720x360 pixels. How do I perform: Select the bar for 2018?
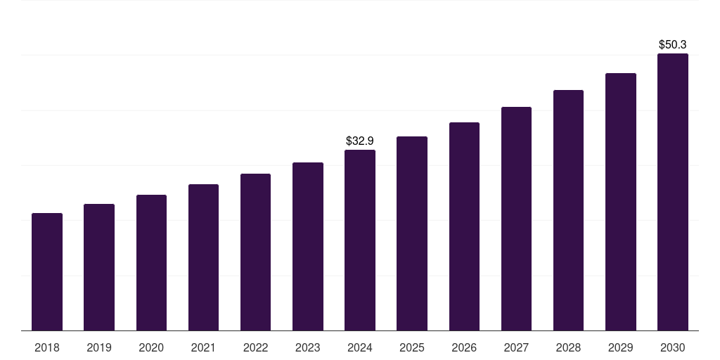tap(47, 271)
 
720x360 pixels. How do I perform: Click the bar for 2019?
tap(99, 267)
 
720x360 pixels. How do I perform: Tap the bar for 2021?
tap(203, 257)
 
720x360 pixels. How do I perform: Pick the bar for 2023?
tap(308, 246)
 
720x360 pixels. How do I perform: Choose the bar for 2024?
tap(360, 240)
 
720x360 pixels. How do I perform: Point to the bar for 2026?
tap(464, 226)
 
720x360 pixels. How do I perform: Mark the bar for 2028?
tap(568, 210)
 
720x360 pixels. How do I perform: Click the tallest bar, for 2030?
tap(673, 192)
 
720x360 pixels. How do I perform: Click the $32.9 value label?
tap(360, 141)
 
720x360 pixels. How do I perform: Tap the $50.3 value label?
tap(673, 45)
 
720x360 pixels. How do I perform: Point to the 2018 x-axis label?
tap(47, 348)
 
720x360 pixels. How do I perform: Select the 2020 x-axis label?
tap(151, 348)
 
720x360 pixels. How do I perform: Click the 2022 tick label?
tap(255, 348)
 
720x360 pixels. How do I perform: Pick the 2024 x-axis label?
tap(360, 348)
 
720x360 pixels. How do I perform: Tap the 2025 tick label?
tap(412, 348)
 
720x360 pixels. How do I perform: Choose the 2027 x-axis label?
tap(516, 348)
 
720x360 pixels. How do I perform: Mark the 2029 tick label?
tap(621, 348)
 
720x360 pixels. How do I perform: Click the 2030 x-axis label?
tap(673, 348)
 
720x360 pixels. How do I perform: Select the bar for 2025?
tap(412, 233)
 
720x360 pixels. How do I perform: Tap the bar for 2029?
tap(621, 202)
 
